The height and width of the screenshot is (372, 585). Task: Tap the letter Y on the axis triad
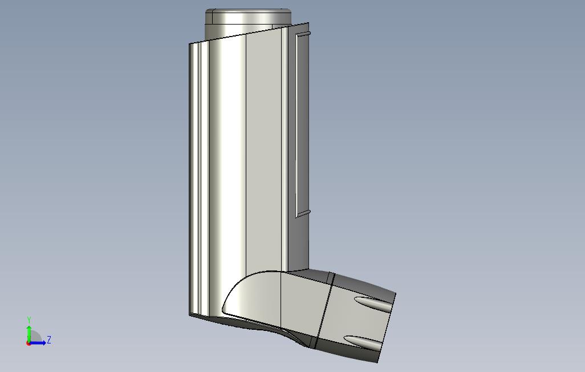pos(29,320)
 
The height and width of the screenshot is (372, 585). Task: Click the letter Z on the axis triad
pos(49,340)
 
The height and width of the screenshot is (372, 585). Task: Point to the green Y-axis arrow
pos(29,334)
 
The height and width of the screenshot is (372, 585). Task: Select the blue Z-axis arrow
pos(37,343)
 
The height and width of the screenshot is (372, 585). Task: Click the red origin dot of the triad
pos(29,343)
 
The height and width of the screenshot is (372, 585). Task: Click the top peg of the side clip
pos(303,35)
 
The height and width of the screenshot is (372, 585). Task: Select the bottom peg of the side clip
pos(303,213)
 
